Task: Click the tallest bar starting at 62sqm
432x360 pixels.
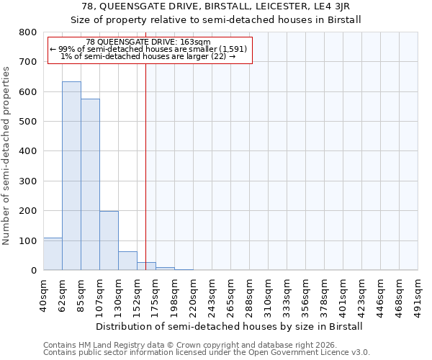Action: click(71, 176)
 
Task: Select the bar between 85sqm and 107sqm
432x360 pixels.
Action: click(90, 185)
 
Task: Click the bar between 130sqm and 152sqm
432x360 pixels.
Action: click(127, 261)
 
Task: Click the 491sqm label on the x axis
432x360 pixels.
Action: click(418, 295)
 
